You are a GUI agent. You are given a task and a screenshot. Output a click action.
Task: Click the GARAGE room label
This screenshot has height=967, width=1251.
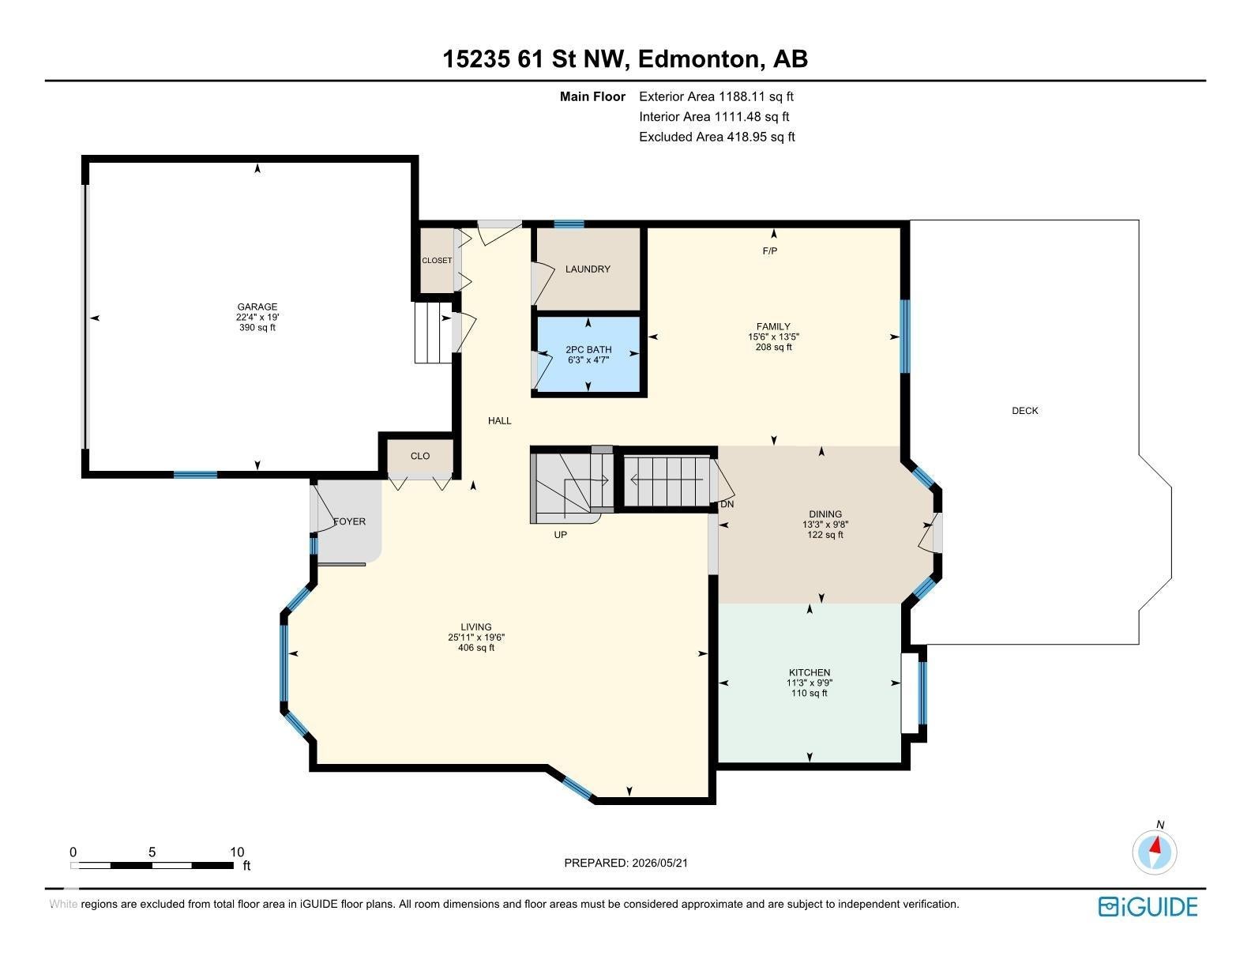257,307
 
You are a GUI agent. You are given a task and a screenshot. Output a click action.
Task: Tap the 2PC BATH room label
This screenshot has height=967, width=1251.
588,350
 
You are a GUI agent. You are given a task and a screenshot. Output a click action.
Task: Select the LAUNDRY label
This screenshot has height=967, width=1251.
588,269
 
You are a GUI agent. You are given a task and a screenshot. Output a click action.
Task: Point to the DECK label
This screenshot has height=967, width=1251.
1025,411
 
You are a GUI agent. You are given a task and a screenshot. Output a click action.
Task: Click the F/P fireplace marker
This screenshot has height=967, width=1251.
770,250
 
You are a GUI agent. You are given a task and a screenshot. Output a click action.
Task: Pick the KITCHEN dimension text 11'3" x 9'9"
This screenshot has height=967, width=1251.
810,683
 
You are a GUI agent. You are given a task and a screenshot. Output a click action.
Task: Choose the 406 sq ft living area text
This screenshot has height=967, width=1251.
476,647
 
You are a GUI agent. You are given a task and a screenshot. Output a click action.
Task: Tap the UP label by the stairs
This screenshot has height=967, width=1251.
560,535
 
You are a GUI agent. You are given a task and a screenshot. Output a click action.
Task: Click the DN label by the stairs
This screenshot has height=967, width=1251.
727,504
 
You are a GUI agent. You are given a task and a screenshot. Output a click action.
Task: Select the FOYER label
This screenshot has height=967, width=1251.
349,521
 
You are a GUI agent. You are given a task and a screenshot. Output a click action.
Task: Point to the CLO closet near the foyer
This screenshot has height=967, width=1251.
420,456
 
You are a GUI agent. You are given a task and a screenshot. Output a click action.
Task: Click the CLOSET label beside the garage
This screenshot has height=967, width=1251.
437,261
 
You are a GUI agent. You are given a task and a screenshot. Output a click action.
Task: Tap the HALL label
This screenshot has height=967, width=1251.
500,420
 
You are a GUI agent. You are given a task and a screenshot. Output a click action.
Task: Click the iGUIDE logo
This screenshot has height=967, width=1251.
1148,906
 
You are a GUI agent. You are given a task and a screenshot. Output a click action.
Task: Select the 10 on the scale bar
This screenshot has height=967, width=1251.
237,852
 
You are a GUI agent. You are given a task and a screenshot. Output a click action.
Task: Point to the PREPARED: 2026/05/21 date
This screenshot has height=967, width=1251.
625,863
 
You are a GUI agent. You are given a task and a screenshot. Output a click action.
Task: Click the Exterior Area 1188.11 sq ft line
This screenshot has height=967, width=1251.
716,96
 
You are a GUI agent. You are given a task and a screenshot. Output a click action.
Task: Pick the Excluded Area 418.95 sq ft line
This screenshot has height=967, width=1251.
717,137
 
